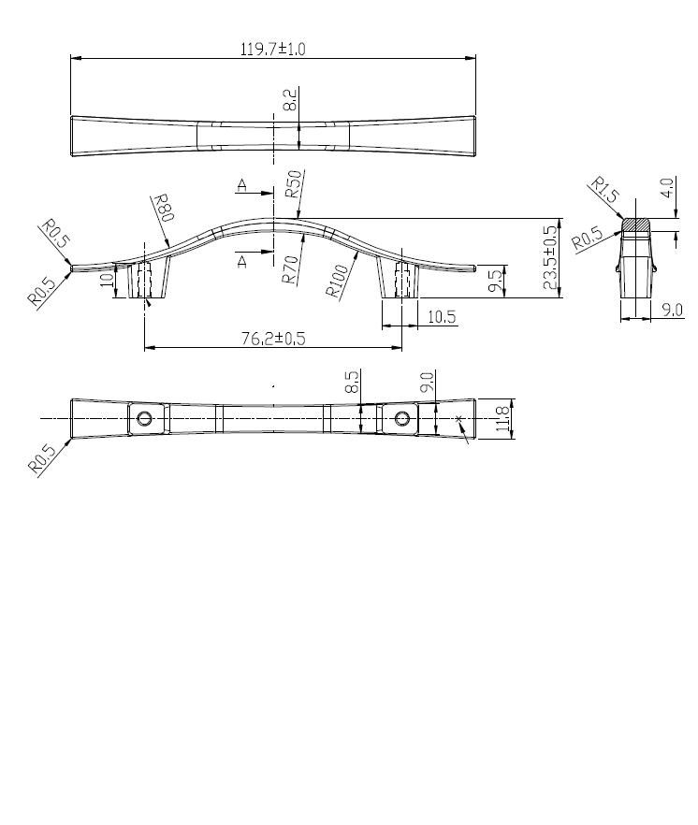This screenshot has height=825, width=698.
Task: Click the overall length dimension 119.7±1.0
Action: (272, 49)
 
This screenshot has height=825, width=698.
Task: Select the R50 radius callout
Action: (294, 183)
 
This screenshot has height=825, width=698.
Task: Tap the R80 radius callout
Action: (163, 207)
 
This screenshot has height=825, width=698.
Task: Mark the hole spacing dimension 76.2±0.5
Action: (272, 339)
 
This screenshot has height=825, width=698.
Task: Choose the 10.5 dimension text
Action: (442, 317)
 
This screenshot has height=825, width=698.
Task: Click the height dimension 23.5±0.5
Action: (550, 260)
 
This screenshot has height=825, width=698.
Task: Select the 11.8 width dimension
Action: (502, 418)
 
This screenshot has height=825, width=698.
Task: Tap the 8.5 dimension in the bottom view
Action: (352, 382)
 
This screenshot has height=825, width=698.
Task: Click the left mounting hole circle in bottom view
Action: (145, 418)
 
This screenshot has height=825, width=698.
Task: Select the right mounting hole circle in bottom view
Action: (402, 418)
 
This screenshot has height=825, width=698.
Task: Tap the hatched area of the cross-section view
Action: (636, 225)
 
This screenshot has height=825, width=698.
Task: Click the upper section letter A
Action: (241, 186)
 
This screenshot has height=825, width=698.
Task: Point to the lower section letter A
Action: (241, 263)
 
